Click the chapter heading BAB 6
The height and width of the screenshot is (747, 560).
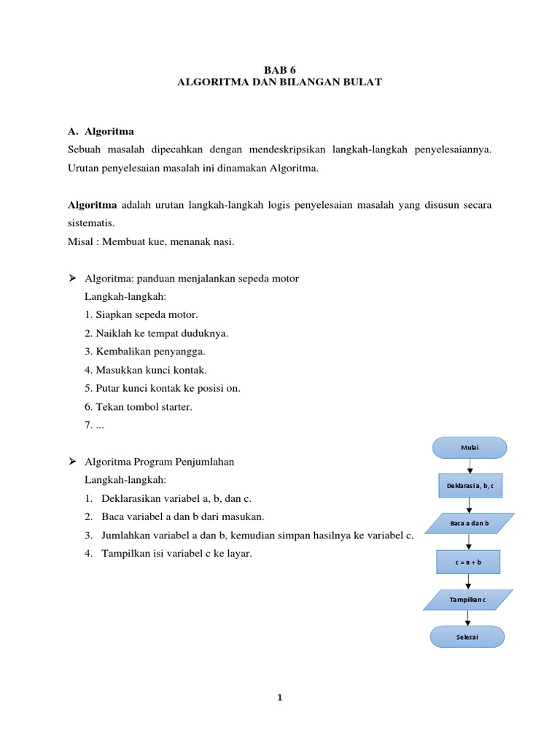coord(279,70)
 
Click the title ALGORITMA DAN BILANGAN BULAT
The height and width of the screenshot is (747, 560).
coord(279,83)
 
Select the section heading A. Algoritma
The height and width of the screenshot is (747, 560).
coord(101,131)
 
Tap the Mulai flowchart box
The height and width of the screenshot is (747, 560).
coord(470,448)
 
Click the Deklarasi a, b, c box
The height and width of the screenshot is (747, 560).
coord(470,486)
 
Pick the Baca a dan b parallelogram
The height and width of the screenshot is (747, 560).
coord(469,524)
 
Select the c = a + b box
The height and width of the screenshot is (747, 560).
coord(469,562)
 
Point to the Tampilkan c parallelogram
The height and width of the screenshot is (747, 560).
coord(468,600)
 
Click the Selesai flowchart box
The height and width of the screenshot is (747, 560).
coord(467,637)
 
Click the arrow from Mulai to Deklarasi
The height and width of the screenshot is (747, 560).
coord(470,467)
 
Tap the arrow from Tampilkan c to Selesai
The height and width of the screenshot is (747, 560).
coord(468,619)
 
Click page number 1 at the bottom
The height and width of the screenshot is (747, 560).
coord(279,698)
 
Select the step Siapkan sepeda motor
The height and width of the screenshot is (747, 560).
coord(141,315)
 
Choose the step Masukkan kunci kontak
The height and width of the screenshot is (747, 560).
coord(146,370)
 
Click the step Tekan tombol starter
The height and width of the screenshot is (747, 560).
coord(139,406)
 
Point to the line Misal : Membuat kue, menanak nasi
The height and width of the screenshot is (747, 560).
coord(151,242)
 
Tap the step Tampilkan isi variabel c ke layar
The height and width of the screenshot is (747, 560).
coord(168,554)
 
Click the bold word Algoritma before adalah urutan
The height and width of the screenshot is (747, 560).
coord(92,205)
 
